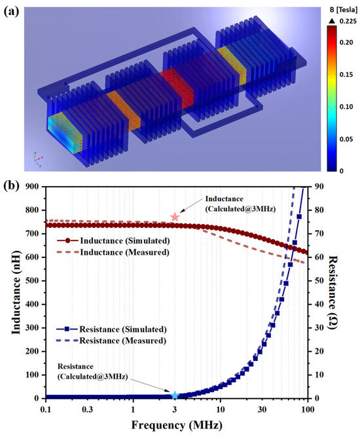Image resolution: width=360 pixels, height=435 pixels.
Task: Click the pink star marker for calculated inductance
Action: coord(175,217)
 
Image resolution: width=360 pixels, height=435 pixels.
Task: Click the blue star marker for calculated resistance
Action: coord(175,395)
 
